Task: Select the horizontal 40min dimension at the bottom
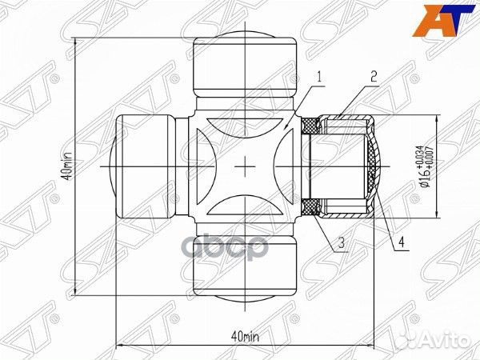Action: pyautogui.click(x=244, y=334)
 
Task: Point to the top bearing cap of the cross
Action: pyautogui.click(x=246, y=64)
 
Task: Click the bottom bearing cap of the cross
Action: pyautogui.click(x=246, y=268)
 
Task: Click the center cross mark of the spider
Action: pyautogui.click(x=246, y=166)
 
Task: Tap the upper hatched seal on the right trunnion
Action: pyautogui.click(x=310, y=124)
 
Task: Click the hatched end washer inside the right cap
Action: pyautogui.click(x=374, y=166)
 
